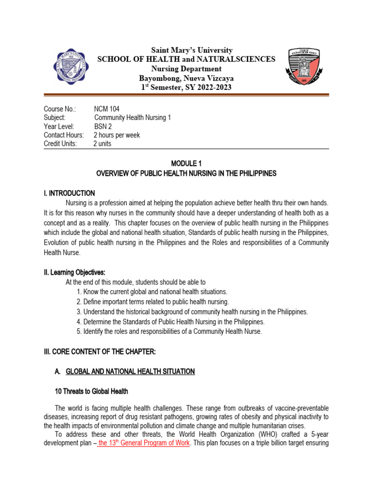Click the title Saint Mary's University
[186, 50]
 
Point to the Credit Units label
[60, 144]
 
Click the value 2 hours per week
[117, 135]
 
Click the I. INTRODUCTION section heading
[69, 193]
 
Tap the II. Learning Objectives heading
[74, 273]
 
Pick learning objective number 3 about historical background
[192, 312]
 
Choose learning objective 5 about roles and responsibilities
[170, 331]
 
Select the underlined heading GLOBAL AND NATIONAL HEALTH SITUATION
[130, 372]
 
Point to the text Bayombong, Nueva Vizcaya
[186, 78]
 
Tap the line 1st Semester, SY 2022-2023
[186, 87]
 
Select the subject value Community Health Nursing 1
[132, 118]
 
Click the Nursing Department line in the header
[186, 69]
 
